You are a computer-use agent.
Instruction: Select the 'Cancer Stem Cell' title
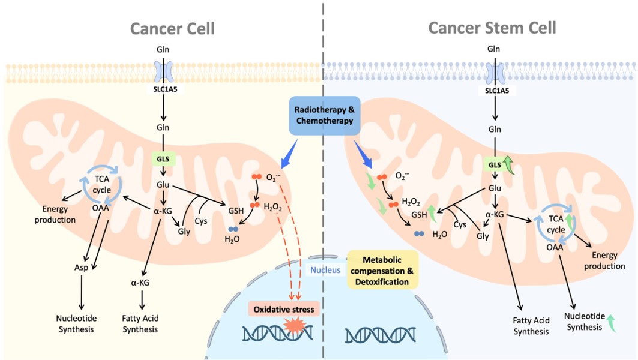(x=492, y=28)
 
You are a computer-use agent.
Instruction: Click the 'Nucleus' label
(x=324, y=270)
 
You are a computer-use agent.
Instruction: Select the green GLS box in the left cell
(x=163, y=160)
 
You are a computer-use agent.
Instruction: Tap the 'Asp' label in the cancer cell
(x=81, y=267)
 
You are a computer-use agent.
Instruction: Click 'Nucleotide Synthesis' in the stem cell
(x=584, y=322)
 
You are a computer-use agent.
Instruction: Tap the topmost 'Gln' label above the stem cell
(x=493, y=49)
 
